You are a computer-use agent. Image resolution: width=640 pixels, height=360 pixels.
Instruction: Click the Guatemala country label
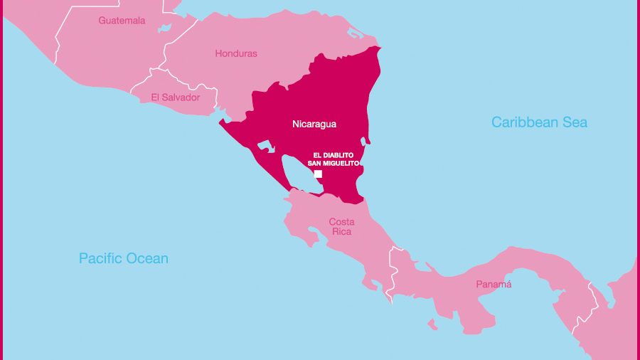tap(122, 21)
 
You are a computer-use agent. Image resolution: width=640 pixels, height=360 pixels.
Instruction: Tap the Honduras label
tap(236, 53)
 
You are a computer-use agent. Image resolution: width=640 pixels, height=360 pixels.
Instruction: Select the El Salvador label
tap(176, 97)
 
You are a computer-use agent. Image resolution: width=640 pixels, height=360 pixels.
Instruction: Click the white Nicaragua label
tap(314, 124)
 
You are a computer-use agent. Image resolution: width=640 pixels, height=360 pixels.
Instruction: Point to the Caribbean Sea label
tap(539, 122)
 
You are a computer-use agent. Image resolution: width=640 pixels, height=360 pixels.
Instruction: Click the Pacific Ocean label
tap(124, 258)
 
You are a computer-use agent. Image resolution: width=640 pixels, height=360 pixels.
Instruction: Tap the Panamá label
tap(494, 285)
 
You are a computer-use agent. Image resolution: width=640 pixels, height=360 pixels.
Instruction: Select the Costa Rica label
tap(341, 227)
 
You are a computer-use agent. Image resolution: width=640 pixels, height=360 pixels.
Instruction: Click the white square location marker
tap(318, 174)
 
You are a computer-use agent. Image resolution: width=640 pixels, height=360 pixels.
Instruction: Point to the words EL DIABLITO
tap(334, 155)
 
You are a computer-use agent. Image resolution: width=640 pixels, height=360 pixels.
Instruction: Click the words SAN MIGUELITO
tap(334, 163)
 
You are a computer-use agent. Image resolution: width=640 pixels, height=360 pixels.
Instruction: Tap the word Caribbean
tap(525, 122)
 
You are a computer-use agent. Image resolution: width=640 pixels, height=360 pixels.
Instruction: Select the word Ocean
tap(149, 258)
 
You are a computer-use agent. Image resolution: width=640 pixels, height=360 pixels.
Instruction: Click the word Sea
tap(575, 122)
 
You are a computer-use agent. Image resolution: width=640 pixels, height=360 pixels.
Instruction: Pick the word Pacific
tap(101, 258)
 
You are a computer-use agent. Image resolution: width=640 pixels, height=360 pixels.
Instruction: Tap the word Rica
tap(342, 232)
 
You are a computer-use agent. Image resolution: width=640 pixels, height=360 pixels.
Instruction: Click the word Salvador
tap(182, 97)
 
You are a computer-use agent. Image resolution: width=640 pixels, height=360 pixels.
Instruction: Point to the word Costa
tap(341, 222)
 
